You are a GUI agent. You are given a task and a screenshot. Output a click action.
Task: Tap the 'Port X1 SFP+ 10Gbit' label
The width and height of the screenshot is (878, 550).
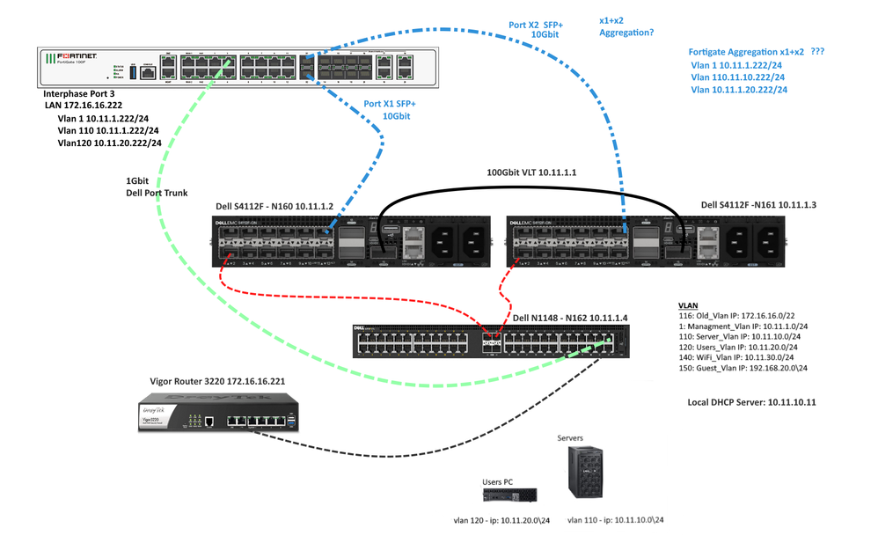388,110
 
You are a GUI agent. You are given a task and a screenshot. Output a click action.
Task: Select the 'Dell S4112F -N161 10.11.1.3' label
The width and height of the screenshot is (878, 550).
758,205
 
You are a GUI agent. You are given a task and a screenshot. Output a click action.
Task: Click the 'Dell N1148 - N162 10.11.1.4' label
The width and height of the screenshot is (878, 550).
573,318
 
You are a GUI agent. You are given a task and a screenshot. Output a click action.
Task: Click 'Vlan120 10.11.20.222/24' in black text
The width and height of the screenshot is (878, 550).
109,142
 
